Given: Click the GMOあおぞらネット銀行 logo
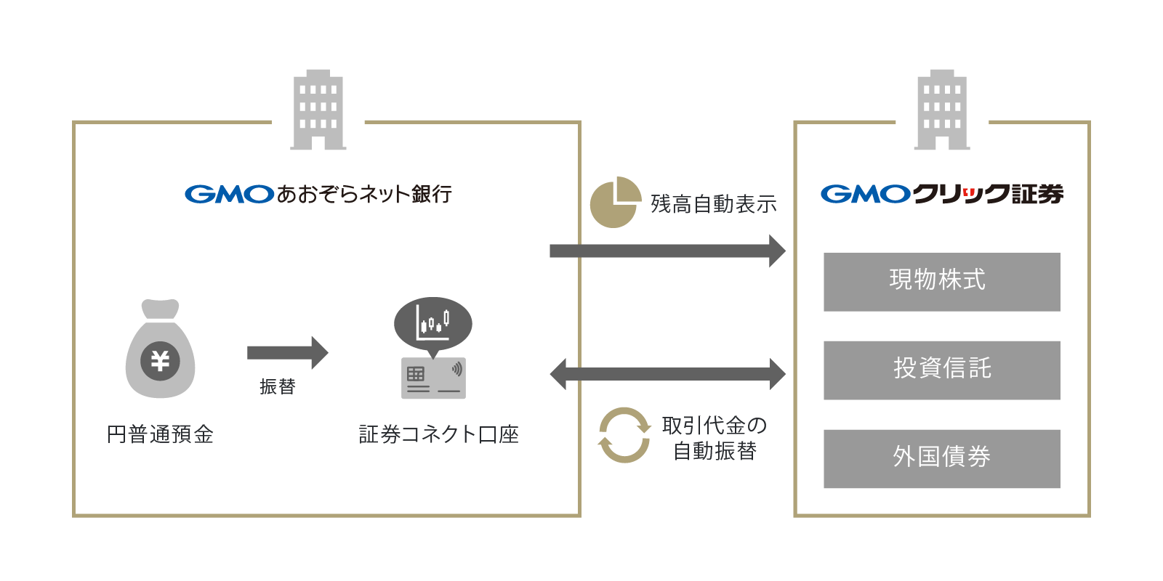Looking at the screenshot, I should [318, 194].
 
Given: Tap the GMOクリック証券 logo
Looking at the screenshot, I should [941, 194].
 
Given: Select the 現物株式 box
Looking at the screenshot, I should [941, 282].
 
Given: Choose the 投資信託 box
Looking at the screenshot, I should [941, 370].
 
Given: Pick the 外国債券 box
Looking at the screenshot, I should [941, 458].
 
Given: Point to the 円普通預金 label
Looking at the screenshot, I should [161, 434].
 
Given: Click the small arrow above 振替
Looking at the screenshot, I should [288, 353].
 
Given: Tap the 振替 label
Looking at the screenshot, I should [278, 386].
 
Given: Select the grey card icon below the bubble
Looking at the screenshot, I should [433, 378].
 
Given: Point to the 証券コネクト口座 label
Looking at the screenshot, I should [438, 434].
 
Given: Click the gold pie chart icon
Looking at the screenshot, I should [615, 202].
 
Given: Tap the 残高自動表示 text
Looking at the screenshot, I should [713, 204].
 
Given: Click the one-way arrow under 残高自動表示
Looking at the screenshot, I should [667, 251].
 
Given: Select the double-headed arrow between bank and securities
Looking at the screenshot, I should [667, 374].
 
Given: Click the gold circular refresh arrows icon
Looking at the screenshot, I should [624, 435].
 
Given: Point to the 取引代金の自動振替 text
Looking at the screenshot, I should [715, 438].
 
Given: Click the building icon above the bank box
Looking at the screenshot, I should [318, 110].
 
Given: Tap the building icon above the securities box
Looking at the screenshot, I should [942, 110].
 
